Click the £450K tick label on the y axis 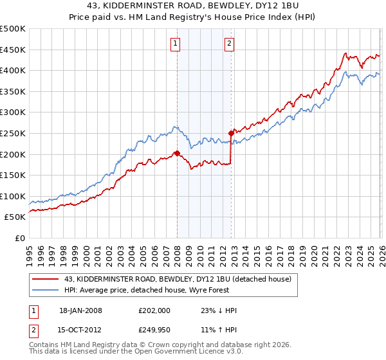14,50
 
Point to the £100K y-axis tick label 14,196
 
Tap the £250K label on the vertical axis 14,133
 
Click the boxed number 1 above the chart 175,44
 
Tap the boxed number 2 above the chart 229,44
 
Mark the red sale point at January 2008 177,153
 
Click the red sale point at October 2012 230,133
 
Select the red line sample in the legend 46,279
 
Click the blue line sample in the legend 46,290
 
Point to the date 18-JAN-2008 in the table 80,310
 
